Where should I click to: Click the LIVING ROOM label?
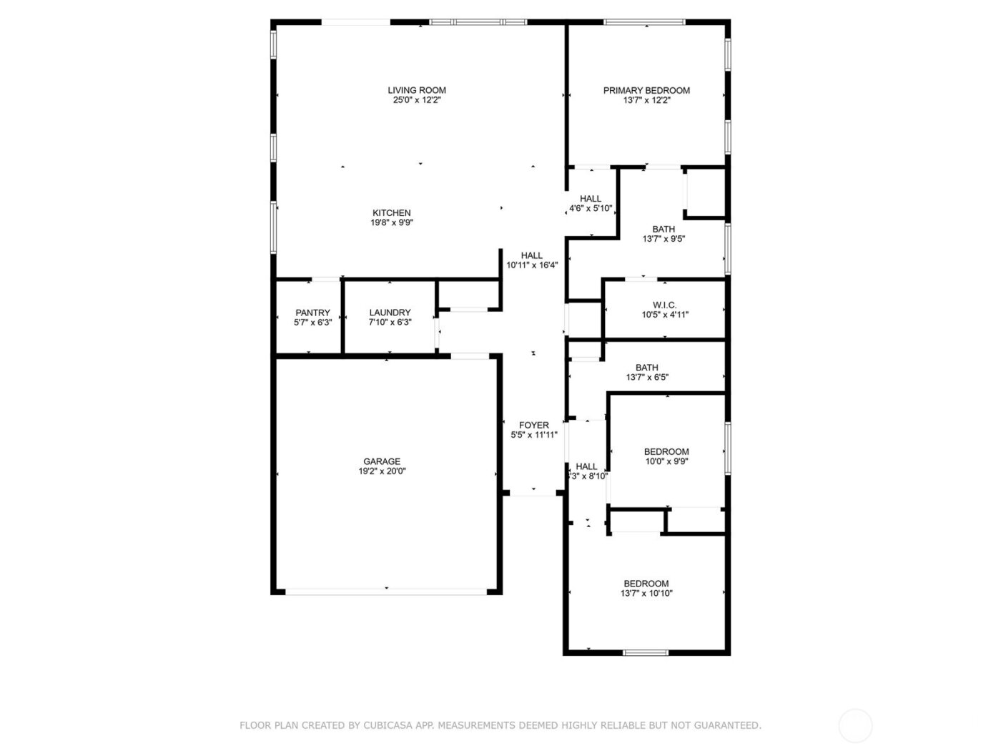tap(417, 90)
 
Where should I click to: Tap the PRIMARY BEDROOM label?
tap(646, 90)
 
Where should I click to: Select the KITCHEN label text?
tap(392, 212)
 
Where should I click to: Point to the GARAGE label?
tap(382, 461)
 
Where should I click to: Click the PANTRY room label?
tap(312, 313)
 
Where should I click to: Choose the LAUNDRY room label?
tap(390, 313)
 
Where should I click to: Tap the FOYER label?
tap(534, 425)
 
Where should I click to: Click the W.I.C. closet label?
tap(664, 305)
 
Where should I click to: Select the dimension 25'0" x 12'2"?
tap(417, 101)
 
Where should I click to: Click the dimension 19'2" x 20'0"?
tap(382, 471)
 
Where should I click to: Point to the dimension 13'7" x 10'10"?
tap(646, 593)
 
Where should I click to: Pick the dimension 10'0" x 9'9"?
tap(666, 461)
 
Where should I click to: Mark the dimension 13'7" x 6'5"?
tap(647, 378)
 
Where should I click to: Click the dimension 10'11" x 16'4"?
tap(532, 265)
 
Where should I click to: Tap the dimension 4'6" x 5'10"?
tap(591, 209)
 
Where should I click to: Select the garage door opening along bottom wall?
tap(386, 592)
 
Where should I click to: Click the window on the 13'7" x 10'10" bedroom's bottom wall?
tap(646, 652)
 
